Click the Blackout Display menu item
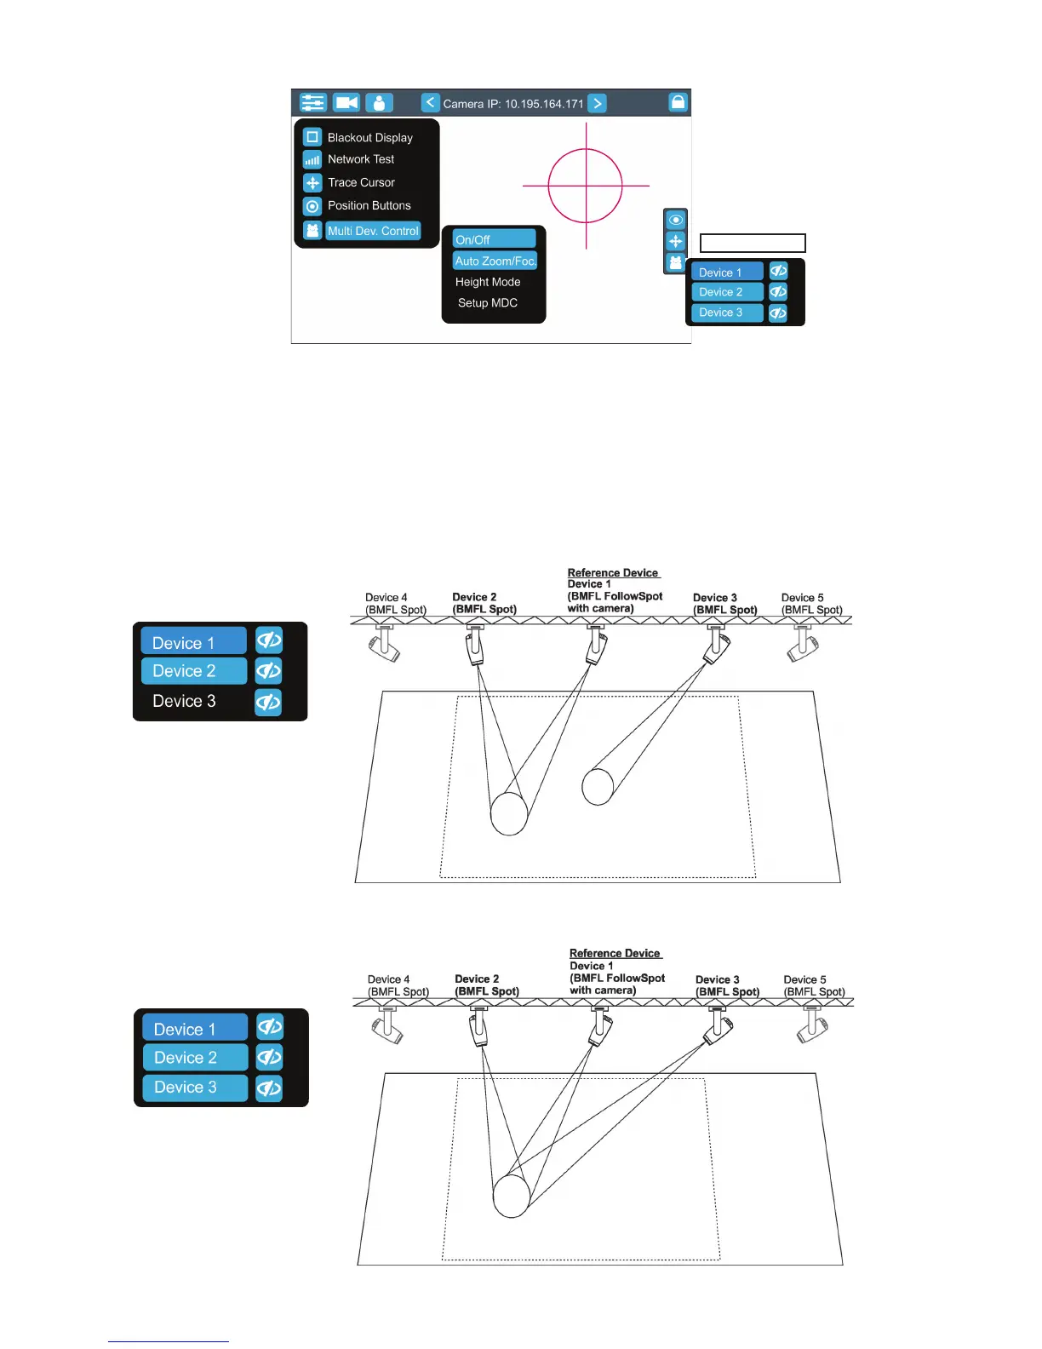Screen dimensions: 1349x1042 coord(369,137)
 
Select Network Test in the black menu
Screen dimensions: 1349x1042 coord(361,159)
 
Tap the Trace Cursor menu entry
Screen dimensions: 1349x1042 coord(361,182)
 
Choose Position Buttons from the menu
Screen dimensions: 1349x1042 coord(369,205)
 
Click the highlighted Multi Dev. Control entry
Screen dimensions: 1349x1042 coord(373,231)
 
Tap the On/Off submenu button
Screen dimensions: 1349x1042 coord(494,239)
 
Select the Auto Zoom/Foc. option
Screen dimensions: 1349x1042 coord(495,261)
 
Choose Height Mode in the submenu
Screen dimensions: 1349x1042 coord(488,282)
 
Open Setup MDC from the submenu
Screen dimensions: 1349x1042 coord(488,303)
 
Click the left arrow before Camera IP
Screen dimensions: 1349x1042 coord(431,103)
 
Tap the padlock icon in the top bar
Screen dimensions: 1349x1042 coord(678,102)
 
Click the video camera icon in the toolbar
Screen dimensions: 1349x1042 coord(346,103)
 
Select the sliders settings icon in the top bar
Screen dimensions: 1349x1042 coord(313,103)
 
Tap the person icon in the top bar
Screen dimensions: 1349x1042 coord(379,103)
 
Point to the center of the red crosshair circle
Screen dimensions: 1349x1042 coord(586,186)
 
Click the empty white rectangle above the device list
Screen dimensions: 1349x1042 coord(753,244)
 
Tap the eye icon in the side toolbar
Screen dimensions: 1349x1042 coord(676,220)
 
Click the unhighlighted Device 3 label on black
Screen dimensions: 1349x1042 coord(184,701)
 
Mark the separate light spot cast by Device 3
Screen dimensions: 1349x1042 coord(598,786)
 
